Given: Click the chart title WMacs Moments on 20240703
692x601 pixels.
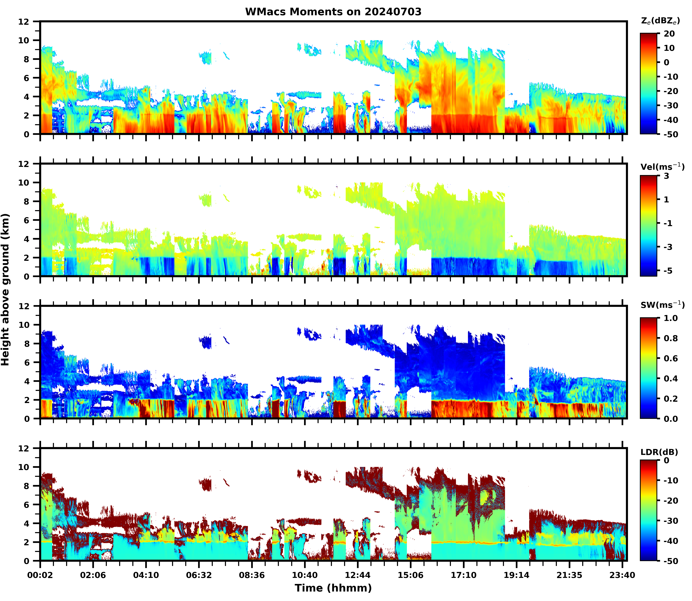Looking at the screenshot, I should (x=333, y=12).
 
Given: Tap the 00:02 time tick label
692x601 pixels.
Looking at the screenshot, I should (x=40, y=575).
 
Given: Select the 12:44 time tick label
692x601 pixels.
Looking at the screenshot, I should (x=358, y=575).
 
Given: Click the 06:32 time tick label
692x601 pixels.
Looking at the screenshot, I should (x=199, y=575).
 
